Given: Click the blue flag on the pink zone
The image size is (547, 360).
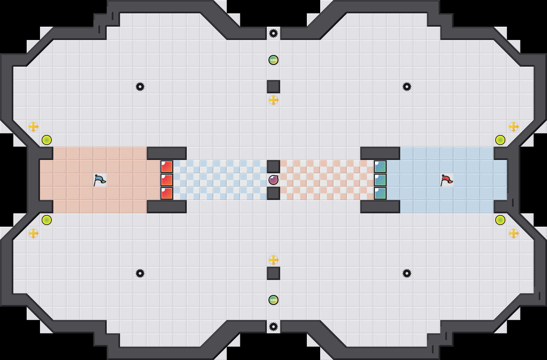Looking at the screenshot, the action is (99, 180).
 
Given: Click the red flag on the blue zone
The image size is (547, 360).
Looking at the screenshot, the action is (446, 180).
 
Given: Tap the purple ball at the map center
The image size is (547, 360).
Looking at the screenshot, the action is (273, 180).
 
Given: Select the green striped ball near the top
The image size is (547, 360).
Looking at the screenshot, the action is (273, 60).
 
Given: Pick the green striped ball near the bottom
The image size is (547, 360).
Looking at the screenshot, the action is (273, 300).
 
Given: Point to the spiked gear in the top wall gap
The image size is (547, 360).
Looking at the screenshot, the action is (273, 33).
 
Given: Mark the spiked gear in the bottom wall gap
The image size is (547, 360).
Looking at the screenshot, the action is (273, 327).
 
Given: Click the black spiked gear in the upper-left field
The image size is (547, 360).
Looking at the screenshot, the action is (140, 87).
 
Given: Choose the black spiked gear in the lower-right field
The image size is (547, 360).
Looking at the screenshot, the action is (407, 273).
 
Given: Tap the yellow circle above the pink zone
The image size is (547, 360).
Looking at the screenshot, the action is (47, 140).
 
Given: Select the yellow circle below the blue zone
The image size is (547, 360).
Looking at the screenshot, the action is (500, 220).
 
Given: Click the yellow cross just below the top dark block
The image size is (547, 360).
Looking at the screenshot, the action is (273, 100).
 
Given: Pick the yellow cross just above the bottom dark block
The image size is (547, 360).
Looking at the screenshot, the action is (273, 260).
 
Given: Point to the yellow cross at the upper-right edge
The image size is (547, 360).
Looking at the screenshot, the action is (514, 127).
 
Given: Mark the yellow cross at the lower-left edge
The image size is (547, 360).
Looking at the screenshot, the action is (33, 233).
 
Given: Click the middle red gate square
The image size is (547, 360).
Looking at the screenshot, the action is (167, 180).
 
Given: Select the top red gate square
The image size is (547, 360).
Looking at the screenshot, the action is (167, 167).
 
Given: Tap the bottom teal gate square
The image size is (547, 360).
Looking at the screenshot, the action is (380, 193).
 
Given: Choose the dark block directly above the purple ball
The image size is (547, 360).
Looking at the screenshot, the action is (273, 167).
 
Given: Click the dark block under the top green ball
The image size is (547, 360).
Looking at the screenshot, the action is (273, 87).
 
